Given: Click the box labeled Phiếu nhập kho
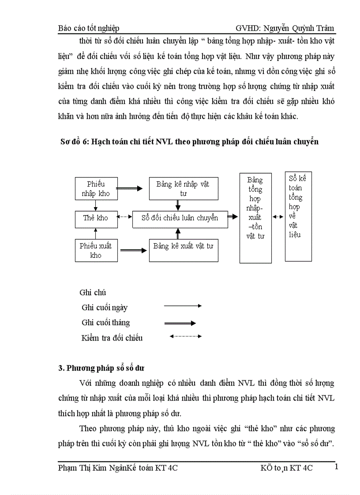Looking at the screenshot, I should point(96,189).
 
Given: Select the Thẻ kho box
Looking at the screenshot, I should point(96,218).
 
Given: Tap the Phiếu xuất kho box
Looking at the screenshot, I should point(96,250).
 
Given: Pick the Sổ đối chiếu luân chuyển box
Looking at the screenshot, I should point(180,218).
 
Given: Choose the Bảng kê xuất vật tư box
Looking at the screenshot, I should point(183,250).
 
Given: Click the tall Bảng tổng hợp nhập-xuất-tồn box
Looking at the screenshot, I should point(255,218).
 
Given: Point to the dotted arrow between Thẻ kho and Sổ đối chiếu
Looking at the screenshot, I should point(125,216).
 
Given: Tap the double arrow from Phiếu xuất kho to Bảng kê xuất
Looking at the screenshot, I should point(133,250).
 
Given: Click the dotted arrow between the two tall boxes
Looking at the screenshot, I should point(278,216).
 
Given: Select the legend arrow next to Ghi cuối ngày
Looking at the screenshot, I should point(183,305).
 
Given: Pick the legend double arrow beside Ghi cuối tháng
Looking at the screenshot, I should point(180,323).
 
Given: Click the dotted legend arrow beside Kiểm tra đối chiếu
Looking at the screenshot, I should point(185,336).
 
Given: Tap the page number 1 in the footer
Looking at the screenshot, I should point(337,466).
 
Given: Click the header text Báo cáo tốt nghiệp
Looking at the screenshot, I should point(89,28).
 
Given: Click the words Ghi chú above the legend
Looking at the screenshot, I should point(93,292).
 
